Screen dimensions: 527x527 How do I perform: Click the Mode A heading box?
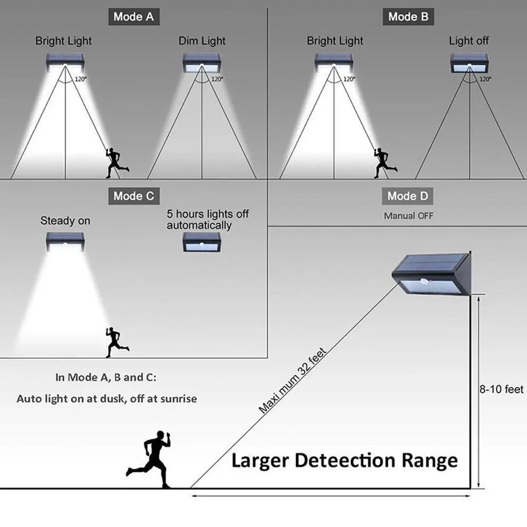click(134, 17)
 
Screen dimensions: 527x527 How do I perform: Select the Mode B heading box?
click(408, 17)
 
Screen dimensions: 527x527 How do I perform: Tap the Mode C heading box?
click(134, 196)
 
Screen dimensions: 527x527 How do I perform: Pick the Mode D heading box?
click(408, 196)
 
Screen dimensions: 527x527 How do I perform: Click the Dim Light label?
click(202, 41)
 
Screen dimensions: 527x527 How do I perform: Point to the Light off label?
click(469, 41)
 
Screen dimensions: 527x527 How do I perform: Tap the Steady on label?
click(65, 221)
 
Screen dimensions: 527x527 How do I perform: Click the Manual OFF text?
click(409, 216)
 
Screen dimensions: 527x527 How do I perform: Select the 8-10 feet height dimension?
click(502, 389)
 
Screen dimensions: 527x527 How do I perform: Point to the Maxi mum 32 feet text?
click(292, 380)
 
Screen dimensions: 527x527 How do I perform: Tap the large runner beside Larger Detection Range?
click(149, 460)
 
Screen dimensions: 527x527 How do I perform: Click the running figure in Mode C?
click(116, 342)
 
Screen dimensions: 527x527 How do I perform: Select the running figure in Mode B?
click(385, 163)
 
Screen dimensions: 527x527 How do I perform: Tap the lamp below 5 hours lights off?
click(202, 242)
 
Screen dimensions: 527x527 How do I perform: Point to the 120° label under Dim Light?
click(217, 79)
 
